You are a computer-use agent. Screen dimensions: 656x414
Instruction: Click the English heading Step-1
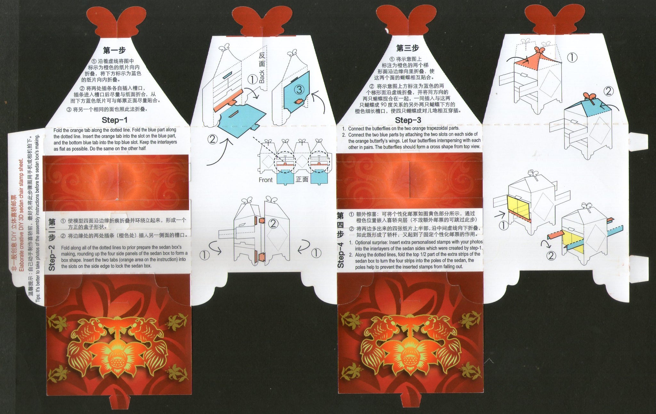115,120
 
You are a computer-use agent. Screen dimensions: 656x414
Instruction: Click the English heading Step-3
408,120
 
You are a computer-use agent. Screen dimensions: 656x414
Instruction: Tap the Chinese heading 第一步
114,50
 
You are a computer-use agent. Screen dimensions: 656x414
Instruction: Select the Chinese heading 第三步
407,48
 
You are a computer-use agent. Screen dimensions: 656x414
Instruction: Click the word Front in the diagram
266,180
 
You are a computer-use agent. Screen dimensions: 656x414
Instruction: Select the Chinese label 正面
302,179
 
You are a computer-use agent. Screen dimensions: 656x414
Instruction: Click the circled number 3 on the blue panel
299,90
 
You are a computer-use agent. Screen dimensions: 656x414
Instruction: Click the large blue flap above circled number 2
242,120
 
